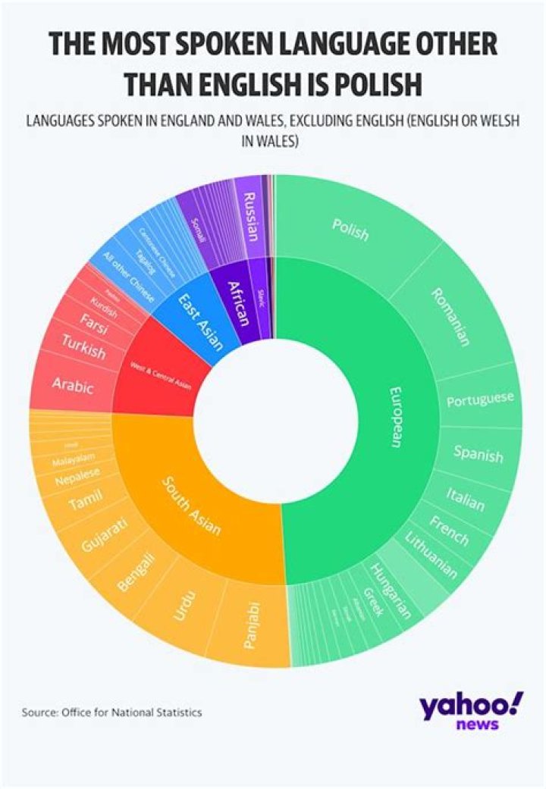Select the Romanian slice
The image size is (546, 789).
pyautogui.click(x=449, y=316)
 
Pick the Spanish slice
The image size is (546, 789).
pyautogui.click(x=478, y=454)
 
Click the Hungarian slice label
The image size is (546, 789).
pyautogui.click(x=391, y=591)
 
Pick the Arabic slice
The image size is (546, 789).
pyautogui.click(x=73, y=385)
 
